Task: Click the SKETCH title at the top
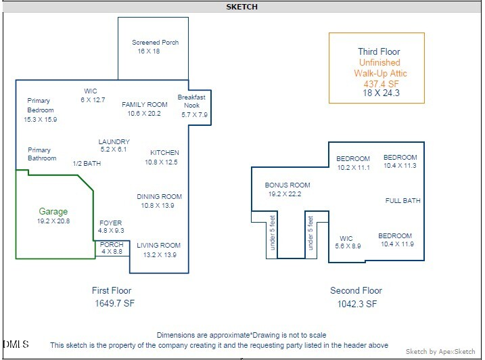point(242,7)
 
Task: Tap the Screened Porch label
point(155,43)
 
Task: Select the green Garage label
point(53,212)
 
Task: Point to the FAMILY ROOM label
point(144,105)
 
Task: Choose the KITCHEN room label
point(164,153)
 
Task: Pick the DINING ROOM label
point(159,197)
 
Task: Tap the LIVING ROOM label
point(158,246)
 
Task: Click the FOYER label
point(110,223)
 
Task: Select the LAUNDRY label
point(113,141)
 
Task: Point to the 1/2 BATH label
point(87,163)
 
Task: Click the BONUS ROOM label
point(287,185)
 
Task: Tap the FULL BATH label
point(402,201)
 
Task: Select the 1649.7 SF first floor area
point(115,305)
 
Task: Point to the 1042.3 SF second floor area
point(356,305)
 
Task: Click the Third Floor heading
point(379,51)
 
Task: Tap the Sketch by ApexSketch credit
point(440,352)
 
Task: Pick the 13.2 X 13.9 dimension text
point(159,255)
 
